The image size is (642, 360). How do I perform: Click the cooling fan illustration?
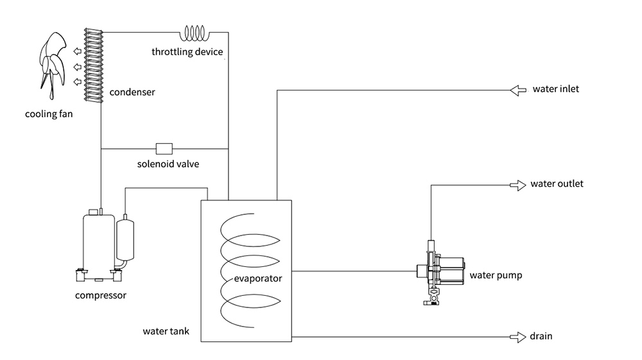(x=51, y=67)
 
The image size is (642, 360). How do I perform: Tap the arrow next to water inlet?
(x=517, y=90)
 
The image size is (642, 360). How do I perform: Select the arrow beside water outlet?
(x=517, y=185)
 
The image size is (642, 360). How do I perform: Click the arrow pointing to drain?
(x=517, y=336)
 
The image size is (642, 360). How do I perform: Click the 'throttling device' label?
(x=187, y=51)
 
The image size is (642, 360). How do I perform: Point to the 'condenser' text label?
(x=132, y=92)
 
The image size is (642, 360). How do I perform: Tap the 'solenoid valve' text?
(x=168, y=164)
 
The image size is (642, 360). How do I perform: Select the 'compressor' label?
(x=101, y=296)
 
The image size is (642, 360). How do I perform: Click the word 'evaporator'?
(x=258, y=279)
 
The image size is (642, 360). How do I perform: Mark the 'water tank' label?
(x=166, y=332)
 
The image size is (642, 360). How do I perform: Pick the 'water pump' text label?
(x=496, y=276)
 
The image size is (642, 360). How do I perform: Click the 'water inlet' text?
(x=555, y=89)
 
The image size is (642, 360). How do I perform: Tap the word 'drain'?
(x=541, y=336)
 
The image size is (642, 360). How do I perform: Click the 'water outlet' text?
(x=557, y=184)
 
